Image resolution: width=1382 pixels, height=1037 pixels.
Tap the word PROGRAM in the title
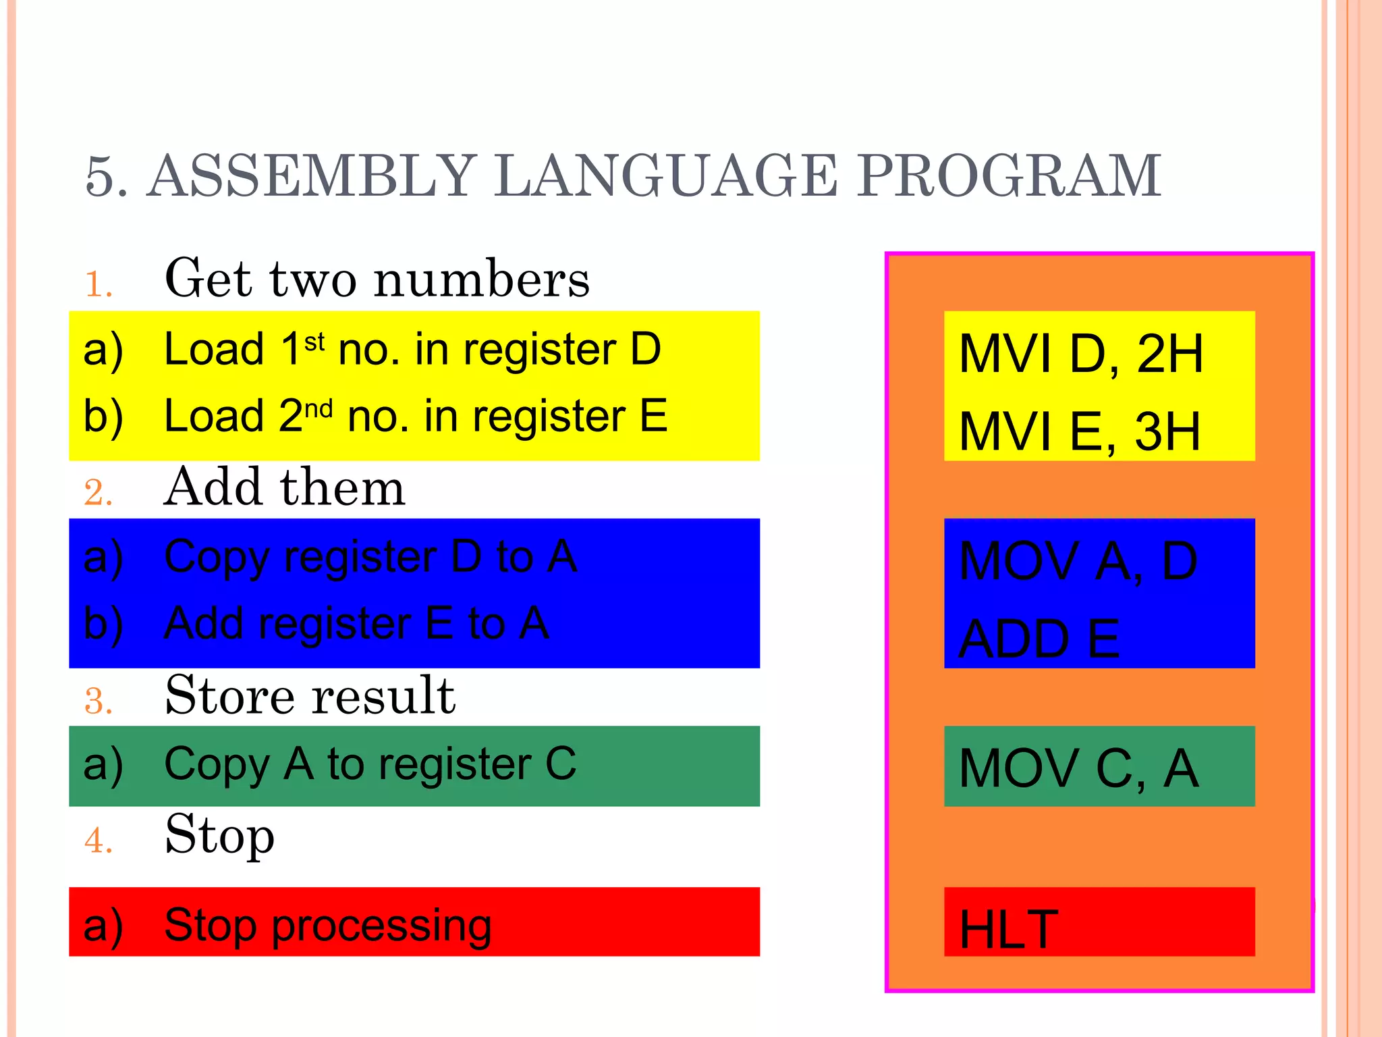pyautogui.click(x=1008, y=177)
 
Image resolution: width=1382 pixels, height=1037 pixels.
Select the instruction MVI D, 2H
pyautogui.click(x=1080, y=354)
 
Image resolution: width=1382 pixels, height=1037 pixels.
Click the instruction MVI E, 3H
pyautogui.click(x=1079, y=432)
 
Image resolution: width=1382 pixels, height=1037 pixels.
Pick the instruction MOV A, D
pyautogui.click(x=1078, y=562)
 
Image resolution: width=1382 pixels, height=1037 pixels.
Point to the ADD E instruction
pyautogui.click(x=1039, y=639)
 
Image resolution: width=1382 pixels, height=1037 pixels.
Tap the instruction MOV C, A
pyautogui.click(x=1078, y=769)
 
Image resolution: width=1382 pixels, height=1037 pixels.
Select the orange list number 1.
pyautogui.click(x=98, y=284)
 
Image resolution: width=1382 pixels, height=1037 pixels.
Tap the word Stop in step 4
pyautogui.click(x=219, y=836)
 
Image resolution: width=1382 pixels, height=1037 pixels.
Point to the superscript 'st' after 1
pyautogui.click(x=314, y=342)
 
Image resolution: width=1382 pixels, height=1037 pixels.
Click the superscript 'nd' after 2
pyautogui.click(x=319, y=409)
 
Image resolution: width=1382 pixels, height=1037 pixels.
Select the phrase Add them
pyautogui.click(x=284, y=487)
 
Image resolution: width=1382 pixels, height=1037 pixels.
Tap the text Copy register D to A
pyautogui.click(x=370, y=557)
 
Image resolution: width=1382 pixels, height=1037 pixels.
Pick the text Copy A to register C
pyautogui.click(x=370, y=764)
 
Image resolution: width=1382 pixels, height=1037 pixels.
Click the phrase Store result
pyautogui.click(x=310, y=696)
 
